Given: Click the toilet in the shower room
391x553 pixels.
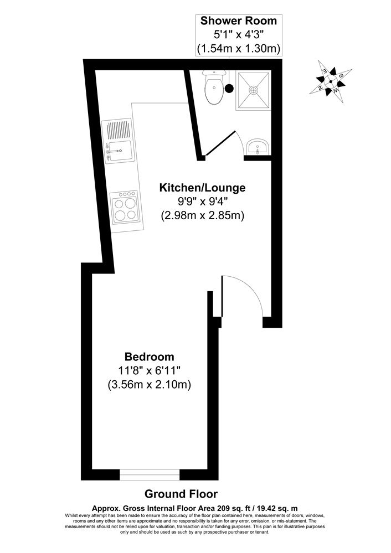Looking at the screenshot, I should click(x=213, y=89).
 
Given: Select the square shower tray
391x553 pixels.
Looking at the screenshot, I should click(x=253, y=90).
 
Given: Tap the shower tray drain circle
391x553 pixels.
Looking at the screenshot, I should click(x=253, y=89).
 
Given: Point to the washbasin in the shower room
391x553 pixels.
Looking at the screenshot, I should click(x=258, y=147).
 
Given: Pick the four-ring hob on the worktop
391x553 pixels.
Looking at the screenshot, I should click(x=124, y=210).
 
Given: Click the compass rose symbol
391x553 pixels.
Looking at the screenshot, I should click(x=331, y=81).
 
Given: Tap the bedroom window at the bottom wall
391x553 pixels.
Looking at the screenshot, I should click(x=150, y=474).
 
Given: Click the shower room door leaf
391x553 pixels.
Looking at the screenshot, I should click(x=220, y=143).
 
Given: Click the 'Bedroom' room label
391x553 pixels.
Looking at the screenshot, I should click(x=149, y=356).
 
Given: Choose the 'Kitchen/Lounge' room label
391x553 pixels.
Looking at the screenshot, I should click(x=202, y=188).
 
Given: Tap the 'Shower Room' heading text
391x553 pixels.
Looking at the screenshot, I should click(x=238, y=22).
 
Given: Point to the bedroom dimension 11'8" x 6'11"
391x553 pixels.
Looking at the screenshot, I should click(x=149, y=371).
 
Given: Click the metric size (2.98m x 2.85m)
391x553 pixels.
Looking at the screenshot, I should click(x=202, y=215).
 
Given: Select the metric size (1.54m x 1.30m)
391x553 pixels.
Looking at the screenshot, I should click(x=238, y=49).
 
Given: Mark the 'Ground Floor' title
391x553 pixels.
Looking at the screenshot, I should click(x=181, y=493).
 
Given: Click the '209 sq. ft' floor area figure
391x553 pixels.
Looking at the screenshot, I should click(x=247, y=507).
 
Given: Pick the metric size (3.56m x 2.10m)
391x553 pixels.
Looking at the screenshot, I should click(x=149, y=385).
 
